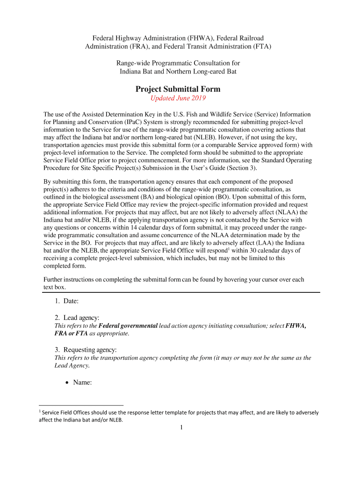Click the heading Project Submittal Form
178,89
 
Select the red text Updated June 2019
178,98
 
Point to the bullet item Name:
82,382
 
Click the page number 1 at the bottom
180,427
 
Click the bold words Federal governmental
128,326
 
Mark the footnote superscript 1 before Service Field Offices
40,411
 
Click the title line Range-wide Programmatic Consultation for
178,63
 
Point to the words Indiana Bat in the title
136,72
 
